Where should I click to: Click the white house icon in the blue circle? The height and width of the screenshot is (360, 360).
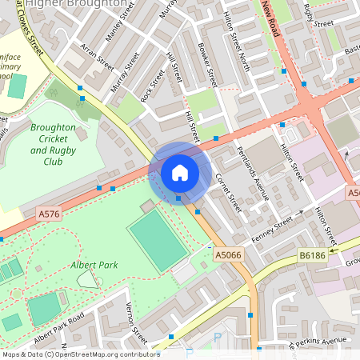pos(180,172)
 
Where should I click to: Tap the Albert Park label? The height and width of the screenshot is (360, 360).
pos(94,264)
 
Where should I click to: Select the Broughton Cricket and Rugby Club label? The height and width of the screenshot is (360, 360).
pos(53,145)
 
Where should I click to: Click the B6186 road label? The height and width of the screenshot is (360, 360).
pos(314,253)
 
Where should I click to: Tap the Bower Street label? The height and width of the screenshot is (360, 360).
pos(206,66)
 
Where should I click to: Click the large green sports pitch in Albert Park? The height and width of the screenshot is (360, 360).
pos(158,241)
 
